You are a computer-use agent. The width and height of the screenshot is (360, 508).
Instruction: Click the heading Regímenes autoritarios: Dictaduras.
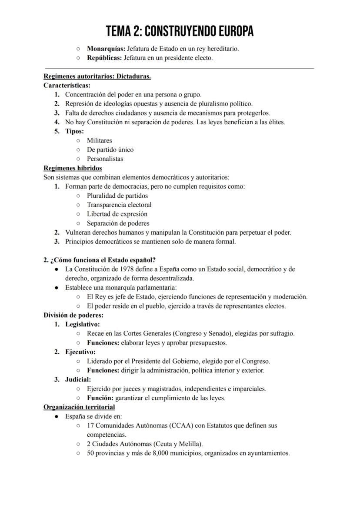97,76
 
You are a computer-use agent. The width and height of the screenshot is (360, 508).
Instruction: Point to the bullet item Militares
99,140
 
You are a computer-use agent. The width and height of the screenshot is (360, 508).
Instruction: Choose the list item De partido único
110,149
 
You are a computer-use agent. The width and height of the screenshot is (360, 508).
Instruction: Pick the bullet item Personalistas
105,159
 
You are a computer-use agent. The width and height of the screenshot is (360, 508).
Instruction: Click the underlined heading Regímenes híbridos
73,168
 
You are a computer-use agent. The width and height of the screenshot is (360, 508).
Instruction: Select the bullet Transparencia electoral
119,205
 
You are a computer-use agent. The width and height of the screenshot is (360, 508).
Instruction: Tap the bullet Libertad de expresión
117,214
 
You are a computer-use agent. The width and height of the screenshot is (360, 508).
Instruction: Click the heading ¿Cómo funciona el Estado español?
103,260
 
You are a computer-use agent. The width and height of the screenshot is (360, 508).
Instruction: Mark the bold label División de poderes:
73,315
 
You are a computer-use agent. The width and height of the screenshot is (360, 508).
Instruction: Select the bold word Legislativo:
83,324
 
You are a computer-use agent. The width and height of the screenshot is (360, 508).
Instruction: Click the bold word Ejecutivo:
80,352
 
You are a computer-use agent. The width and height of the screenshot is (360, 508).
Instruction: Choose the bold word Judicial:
78,379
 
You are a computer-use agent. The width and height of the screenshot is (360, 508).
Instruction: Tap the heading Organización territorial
79,407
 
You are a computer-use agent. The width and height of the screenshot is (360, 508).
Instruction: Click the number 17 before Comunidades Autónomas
90,425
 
